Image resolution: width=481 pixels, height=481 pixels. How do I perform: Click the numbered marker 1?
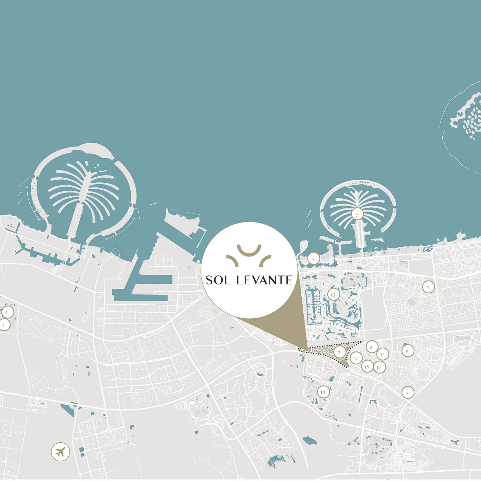click(313, 258)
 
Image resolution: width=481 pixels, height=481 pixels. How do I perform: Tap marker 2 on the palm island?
click(357, 215)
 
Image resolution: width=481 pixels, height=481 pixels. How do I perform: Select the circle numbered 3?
click(407, 393)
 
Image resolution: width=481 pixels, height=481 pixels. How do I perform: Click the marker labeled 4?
click(6, 312)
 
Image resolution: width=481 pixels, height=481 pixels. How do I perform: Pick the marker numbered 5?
click(4, 325)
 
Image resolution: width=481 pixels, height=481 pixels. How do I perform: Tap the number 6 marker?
click(371, 347)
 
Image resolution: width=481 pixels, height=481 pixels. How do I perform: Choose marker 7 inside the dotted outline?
click(339, 353)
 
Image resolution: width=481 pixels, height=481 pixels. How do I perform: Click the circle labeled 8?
click(407, 351)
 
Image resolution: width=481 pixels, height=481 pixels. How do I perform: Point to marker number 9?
click(428, 287)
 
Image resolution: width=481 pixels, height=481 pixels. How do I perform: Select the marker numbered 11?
click(383, 355)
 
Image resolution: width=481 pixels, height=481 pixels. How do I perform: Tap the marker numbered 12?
click(333, 295)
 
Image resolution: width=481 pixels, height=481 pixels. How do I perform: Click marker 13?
click(323, 392)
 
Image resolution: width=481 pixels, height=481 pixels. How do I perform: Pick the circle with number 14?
click(355, 359)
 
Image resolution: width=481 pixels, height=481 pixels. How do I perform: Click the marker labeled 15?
click(367, 367)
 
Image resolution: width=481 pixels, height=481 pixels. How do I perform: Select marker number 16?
click(379, 368)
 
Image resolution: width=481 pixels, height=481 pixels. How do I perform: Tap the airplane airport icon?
click(60, 452)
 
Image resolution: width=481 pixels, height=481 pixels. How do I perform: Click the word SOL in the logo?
click(218, 280)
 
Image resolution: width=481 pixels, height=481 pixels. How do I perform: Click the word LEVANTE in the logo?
click(264, 280)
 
